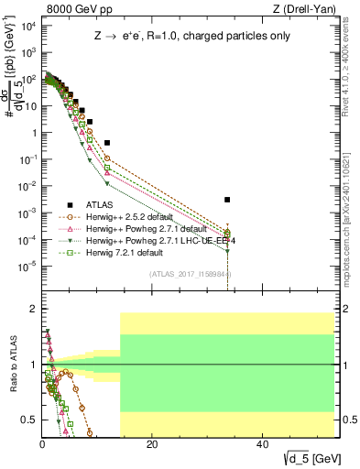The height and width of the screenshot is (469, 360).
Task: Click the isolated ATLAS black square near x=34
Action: click(x=227, y=200)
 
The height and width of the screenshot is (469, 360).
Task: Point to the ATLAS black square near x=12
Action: click(x=107, y=143)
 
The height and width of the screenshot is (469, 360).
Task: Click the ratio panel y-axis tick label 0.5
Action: click(x=30, y=420)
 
